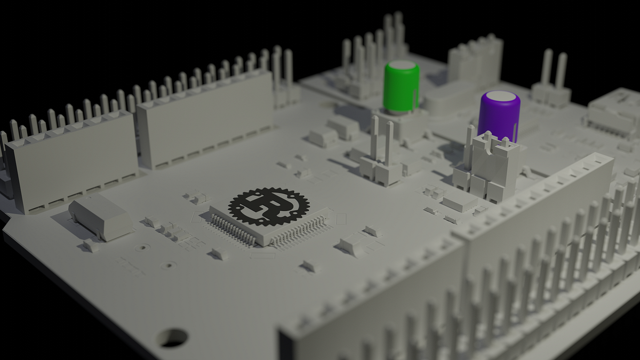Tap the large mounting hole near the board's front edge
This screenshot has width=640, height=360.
172,337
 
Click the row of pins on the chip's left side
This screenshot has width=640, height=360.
234,230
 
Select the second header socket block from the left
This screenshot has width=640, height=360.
205,118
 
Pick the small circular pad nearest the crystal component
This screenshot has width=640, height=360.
141,247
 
